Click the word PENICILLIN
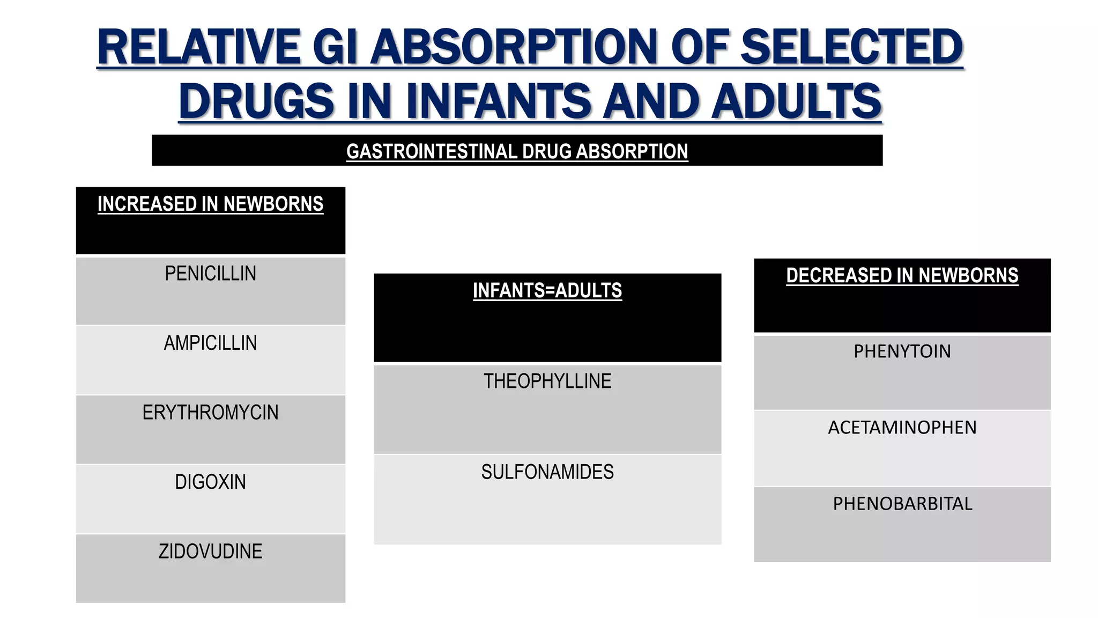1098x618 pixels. tap(210, 274)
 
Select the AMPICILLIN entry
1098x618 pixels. tap(210, 343)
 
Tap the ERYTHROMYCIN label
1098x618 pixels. tap(210, 413)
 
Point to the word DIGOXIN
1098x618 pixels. tap(210, 482)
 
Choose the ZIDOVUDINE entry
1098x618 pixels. tap(210, 551)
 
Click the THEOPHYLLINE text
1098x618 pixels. tap(547, 381)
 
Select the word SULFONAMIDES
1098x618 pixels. tap(547, 472)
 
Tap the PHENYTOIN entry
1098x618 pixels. tap(902, 351)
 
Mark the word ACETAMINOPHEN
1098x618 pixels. tap(902, 428)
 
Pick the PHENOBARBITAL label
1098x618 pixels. tap(902, 504)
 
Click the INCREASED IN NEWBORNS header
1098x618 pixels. tap(210, 204)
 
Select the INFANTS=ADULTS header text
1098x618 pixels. tap(547, 291)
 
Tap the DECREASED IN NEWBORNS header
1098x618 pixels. tap(902, 276)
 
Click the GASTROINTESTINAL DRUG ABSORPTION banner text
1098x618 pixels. tap(517, 151)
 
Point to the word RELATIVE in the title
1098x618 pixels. tap(198, 47)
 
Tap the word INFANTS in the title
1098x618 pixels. tap(498, 101)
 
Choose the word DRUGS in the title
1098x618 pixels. tap(257, 101)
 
